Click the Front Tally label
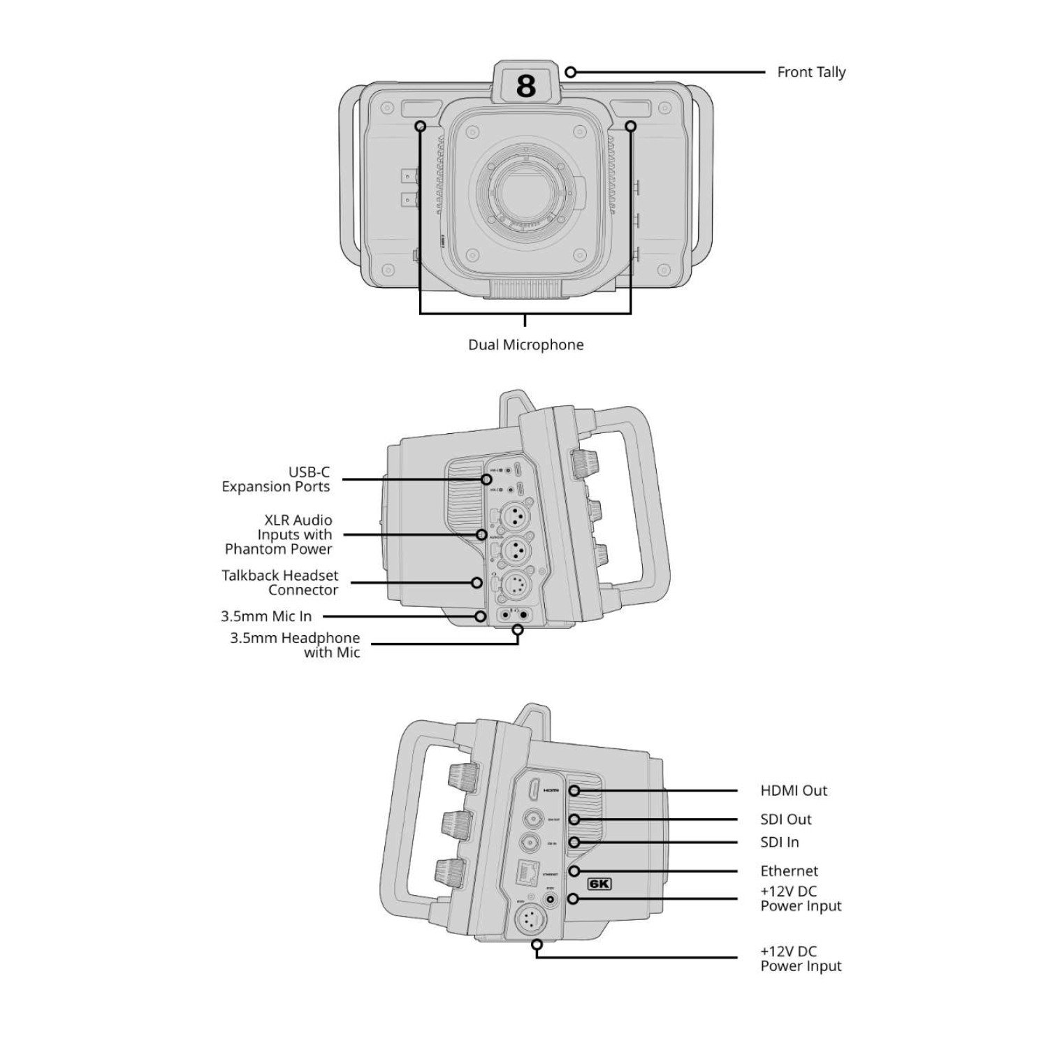pyautogui.click(x=811, y=72)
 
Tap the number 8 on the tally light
pyautogui.click(x=526, y=86)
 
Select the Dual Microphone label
pyautogui.click(x=525, y=344)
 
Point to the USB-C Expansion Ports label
pyautogui.click(x=276, y=479)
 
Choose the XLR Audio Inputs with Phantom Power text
pyautogui.click(x=279, y=534)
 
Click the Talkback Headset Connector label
pyautogui.click(x=280, y=583)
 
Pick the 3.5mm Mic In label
pyautogui.click(x=266, y=616)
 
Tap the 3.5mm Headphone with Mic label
pyautogui.click(x=296, y=645)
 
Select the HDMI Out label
pyautogui.click(x=794, y=791)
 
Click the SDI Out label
pyautogui.click(x=786, y=820)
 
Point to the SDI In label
pyautogui.click(x=780, y=843)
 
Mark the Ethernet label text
pyautogui.click(x=789, y=871)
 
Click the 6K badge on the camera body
pyautogui.click(x=599, y=884)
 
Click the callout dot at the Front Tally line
pyautogui.click(x=571, y=72)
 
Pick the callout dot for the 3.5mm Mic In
pyautogui.click(x=481, y=616)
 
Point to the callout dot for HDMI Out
pyautogui.click(x=574, y=791)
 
